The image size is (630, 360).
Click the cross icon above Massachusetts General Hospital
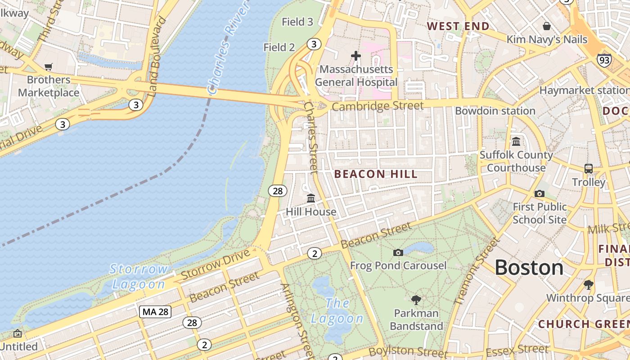356,56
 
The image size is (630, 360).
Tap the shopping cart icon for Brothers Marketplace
49,67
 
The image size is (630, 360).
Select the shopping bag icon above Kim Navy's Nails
547,26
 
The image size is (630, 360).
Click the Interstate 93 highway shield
604,59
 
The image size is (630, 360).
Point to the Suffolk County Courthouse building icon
516,141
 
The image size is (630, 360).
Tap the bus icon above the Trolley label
589,169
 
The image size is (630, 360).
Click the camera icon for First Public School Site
540,193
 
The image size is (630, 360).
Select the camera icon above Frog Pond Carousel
398,252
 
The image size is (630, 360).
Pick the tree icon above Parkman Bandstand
416,300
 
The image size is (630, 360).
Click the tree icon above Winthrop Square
588,284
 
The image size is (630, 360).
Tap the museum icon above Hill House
311,198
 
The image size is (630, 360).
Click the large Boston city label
529,268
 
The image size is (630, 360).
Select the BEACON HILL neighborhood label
376,174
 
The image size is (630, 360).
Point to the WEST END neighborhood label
458,26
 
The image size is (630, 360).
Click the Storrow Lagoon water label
139,276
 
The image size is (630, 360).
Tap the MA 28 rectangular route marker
155,311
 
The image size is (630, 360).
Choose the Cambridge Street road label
378,106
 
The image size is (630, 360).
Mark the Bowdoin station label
495,111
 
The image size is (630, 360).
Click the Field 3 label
297,22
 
